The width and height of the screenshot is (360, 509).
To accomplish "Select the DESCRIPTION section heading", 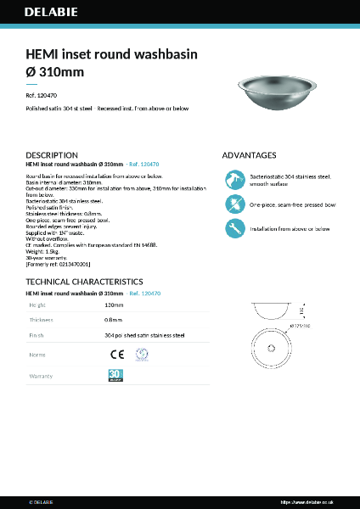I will pos(53,155).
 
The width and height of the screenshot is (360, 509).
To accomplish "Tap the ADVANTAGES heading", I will pos(249,155).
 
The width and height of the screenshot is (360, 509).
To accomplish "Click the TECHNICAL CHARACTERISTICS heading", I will pos(84,282).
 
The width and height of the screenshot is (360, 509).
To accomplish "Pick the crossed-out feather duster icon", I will pos(233,204).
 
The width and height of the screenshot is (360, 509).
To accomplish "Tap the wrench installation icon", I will pos(233,228).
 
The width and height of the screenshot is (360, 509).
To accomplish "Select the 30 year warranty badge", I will pos(116,375).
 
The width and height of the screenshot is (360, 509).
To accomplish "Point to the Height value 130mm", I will pos(114,304).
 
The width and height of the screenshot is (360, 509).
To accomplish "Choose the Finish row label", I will pos(37,336).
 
